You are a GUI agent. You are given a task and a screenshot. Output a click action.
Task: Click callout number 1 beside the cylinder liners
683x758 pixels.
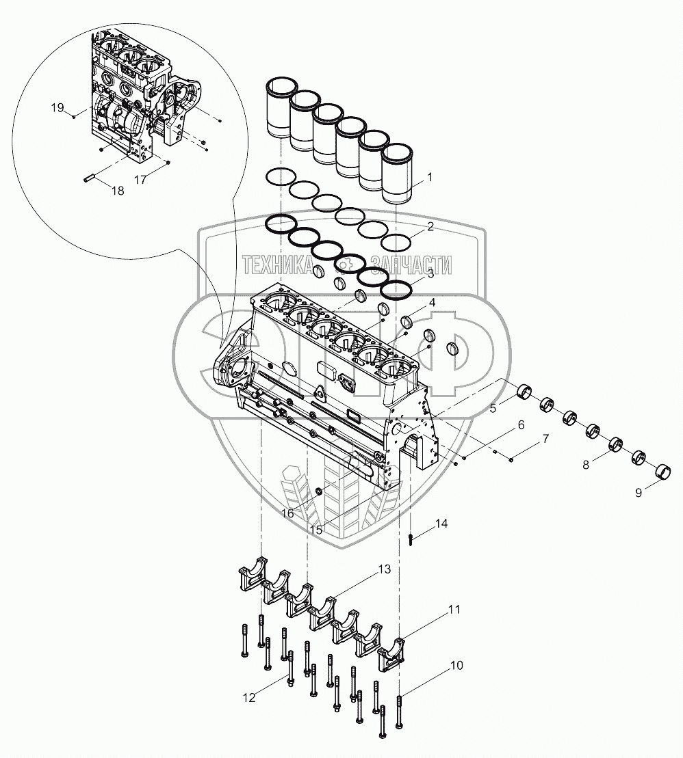click(x=430, y=178)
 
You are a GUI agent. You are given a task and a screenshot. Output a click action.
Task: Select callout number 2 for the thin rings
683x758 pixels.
click(x=430, y=227)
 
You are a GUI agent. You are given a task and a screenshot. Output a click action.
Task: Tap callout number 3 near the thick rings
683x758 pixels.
click(x=430, y=274)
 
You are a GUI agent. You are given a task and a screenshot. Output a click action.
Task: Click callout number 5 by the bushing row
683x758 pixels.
click(x=492, y=410)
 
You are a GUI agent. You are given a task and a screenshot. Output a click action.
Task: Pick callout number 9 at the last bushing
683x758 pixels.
click(x=638, y=491)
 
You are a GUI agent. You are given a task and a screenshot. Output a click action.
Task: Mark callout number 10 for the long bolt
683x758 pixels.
click(x=456, y=665)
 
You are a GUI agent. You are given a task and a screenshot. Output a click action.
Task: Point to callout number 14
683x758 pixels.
click(x=441, y=524)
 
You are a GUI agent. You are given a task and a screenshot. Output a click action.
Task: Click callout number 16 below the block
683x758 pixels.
click(x=287, y=513)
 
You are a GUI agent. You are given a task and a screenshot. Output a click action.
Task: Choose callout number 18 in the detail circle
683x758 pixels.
click(x=118, y=191)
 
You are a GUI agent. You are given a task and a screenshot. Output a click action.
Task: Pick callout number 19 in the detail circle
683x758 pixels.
click(x=57, y=107)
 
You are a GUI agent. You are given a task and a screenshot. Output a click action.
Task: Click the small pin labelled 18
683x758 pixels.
click(x=88, y=179)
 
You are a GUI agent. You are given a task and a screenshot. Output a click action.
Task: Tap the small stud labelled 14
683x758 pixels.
click(x=409, y=539)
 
